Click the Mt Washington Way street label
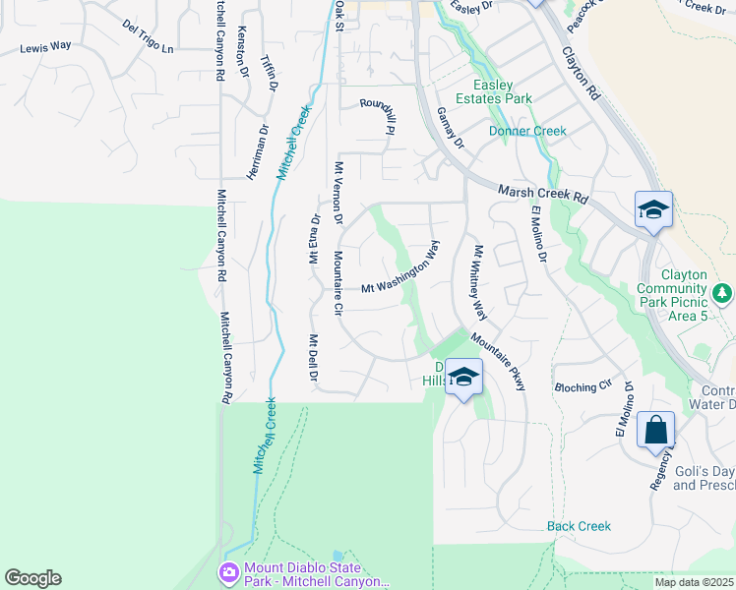[398, 276]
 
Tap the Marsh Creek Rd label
[542, 194]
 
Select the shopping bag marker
[656, 431]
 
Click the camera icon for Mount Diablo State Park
[229, 571]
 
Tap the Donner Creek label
[527, 131]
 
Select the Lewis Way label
[46, 46]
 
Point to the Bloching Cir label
[583, 387]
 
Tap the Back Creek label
[579, 526]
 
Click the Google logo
[32, 578]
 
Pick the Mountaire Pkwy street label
[499, 361]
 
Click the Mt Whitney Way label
[479, 283]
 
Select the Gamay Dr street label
[449, 129]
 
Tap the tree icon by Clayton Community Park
[722, 292]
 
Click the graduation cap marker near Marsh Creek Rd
[653, 209]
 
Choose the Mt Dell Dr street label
[313, 358]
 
